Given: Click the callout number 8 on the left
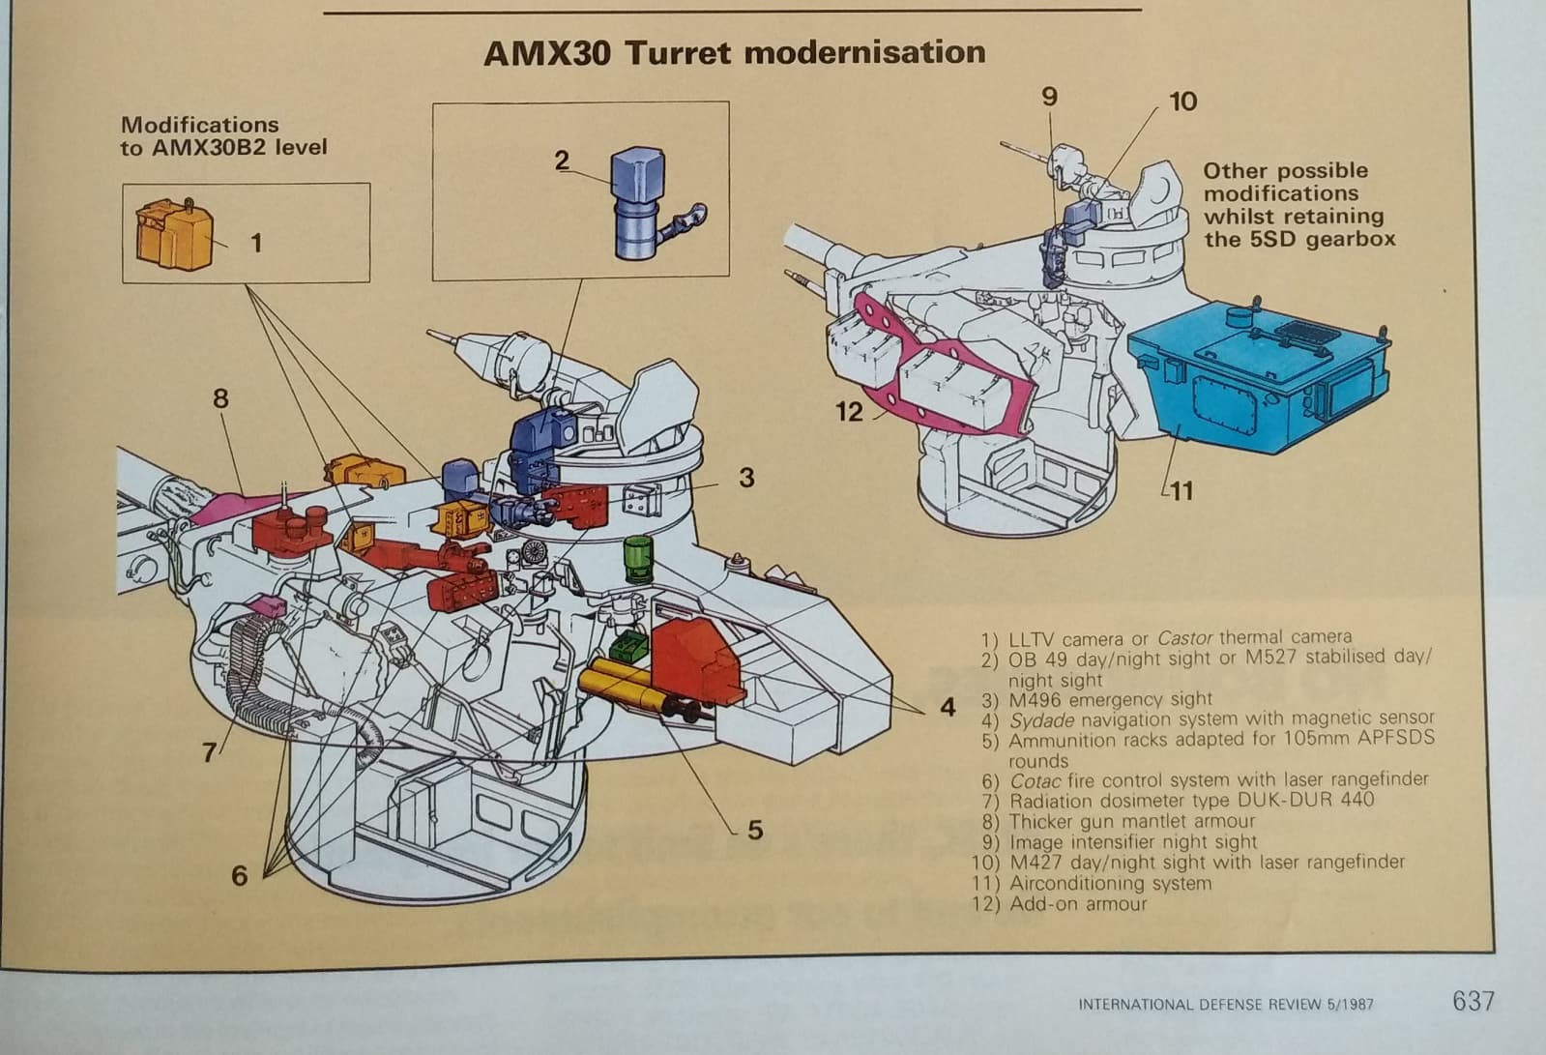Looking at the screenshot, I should (x=220, y=398).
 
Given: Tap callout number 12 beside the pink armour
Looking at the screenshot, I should (x=848, y=413).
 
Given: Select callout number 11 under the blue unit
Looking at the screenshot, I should (x=1180, y=491).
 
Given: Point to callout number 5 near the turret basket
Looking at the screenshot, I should (x=755, y=830).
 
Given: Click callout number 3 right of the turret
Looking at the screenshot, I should (x=746, y=478).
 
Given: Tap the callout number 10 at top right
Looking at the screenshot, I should (x=1182, y=102).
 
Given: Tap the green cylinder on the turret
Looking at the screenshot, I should (x=638, y=559).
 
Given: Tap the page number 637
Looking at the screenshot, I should (x=1473, y=1001).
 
